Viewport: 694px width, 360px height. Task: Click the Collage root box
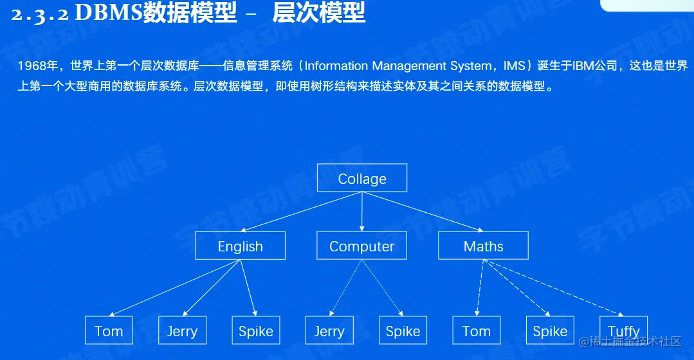click(362, 178)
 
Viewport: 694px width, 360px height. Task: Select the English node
click(240, 246)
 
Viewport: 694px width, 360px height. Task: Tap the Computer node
click(361, 246)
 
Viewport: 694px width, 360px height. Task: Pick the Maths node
click(483, 246)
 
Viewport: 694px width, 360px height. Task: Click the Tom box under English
click(109, 330)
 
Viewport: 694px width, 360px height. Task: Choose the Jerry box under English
click(182, 330)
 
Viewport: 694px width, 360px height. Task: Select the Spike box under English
click(256, 330)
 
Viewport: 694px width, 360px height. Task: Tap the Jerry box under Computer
click(329, 330)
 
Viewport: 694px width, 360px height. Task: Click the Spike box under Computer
click(403, 330)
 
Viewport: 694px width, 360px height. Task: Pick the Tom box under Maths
click(477, 330)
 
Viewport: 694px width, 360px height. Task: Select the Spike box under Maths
click(550, 330)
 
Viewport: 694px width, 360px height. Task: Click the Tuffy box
click(623, 330)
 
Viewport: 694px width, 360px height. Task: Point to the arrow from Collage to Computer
click(362, 212)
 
